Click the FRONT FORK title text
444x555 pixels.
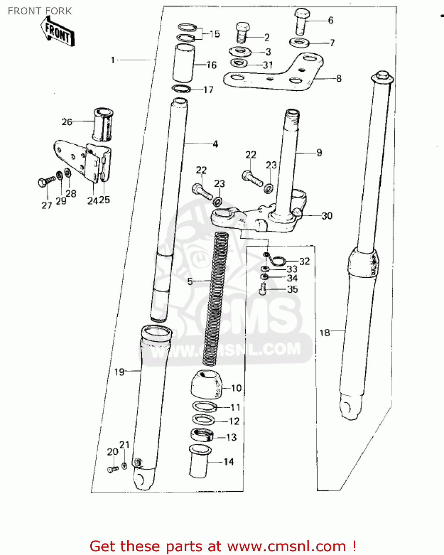coord(40,11)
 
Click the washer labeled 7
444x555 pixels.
coord(299,43)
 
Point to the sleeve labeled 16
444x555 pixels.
coord(184,63)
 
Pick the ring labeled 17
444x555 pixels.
coord(181,89)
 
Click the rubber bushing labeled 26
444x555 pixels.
coord(102,124)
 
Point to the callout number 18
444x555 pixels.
coord(324,333)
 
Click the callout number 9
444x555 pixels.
coord(319,152)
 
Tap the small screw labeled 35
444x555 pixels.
coord(263,289)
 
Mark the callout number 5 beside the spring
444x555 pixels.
coord(190,281)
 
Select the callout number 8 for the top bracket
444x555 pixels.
coord(339,78)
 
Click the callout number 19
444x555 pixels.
coord(119,372)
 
